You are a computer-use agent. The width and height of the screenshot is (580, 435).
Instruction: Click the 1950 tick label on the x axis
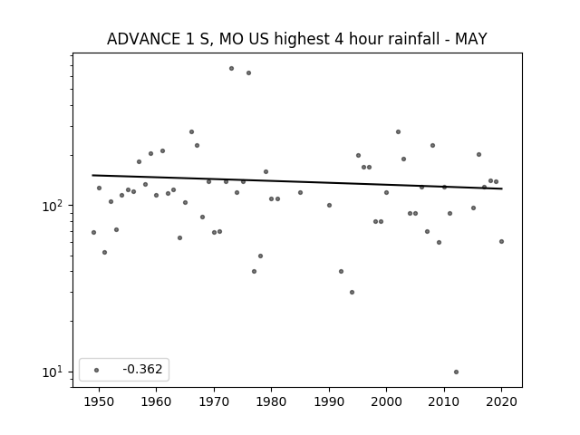pyautogui.click(x=99, y=401)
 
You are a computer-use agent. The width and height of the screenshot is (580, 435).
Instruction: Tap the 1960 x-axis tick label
pyautogui.click(x=156, y=401)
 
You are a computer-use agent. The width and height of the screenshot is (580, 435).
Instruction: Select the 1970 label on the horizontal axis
pyautogui.click(x=214, y=401)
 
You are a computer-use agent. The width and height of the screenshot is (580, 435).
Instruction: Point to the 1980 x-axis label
pyautogui.click(x=271, y=401)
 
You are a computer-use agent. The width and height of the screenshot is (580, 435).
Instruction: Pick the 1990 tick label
pyautogui.click(x=329, y=401)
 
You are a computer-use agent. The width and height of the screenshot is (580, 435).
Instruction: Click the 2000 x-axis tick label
pyautogui.click(x=386, y=401)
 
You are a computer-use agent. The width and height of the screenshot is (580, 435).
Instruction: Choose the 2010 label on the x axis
pyautogui.click(x=444, y=401)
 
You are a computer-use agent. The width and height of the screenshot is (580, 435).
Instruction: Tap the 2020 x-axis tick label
pyautogui.click(x=501, y=401)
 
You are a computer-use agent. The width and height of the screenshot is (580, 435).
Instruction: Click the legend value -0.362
pyautogui.click(x=142, y=369)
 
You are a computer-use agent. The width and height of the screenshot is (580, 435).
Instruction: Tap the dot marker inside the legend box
pyautogui.click(x=96, y=370)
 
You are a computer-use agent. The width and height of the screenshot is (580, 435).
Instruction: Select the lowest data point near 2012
pyautogui.click(x=456, y=372)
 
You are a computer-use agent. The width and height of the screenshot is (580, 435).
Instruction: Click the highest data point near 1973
pyautogui.click(x=231, y=69)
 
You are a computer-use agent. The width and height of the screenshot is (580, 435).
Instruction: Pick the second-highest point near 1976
pyautogui.click(x=248, y=72)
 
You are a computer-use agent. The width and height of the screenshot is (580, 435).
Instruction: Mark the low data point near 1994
pyautogui.click(x=352, y=292)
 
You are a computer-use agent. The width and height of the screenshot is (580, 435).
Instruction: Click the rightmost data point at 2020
pyautogui.click(x=501, y=242)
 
